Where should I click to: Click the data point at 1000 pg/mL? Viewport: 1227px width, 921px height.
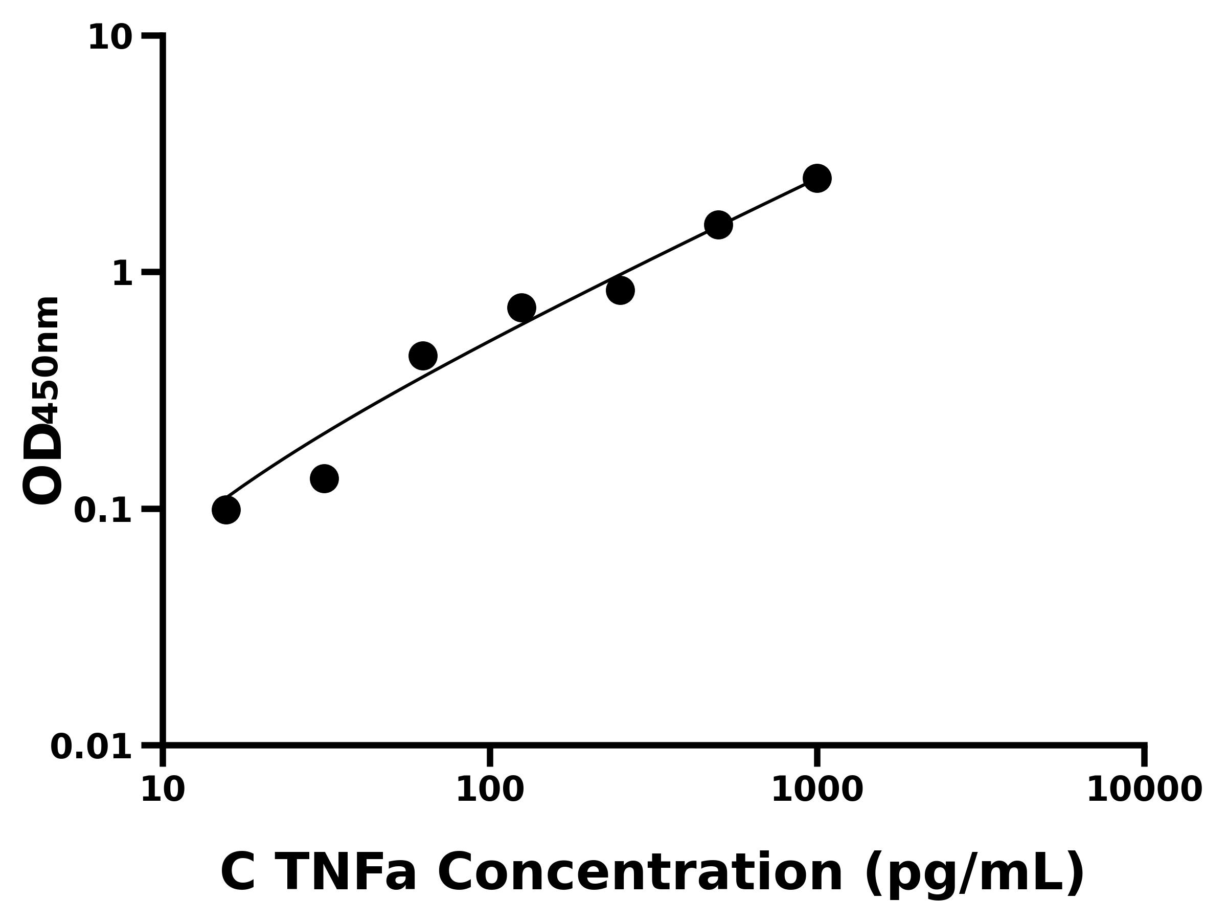[x=816, y=178]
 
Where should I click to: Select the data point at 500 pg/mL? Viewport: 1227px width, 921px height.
[x=718, y=225]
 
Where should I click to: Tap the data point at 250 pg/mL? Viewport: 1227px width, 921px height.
[x=620, y=290]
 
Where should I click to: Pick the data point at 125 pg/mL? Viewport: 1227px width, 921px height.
[x=521, y=308]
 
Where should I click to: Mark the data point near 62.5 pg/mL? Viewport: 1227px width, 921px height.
[x=423, y=356]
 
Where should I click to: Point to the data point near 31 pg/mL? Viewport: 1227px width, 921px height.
[x=324, y=478]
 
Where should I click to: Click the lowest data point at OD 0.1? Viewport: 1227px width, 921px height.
[x=226, y=510]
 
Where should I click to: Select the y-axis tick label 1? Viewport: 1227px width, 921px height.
[x=123, y=274]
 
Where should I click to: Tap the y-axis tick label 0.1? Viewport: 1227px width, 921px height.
[x=103, y=511]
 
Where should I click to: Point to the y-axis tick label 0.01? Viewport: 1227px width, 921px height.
[x=92, y=747]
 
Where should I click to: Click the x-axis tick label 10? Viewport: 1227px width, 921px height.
[x=163, y=791]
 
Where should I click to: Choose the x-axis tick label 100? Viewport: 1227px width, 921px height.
[x=489, y=791]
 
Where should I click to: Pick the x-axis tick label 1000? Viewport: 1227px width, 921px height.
[x=816, y=791]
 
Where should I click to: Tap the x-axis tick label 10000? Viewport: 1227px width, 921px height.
[x=1144, y=791]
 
